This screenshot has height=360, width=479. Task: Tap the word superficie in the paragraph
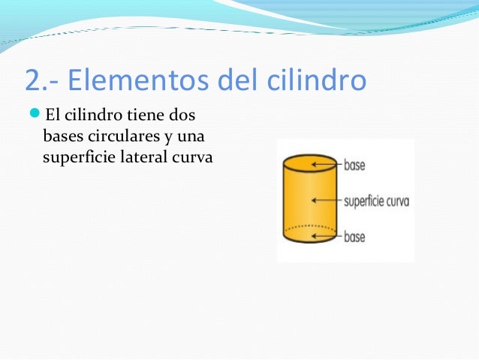76,159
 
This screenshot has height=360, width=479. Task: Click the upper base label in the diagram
354,164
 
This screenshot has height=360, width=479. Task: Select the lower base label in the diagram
354,237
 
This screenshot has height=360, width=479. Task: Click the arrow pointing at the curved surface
327,201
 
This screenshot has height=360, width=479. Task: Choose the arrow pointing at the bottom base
327,237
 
